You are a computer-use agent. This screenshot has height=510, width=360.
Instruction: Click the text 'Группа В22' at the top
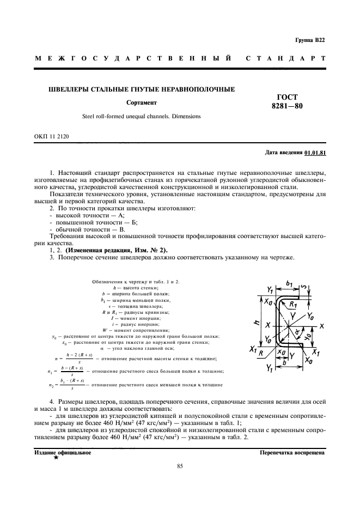(310, 40)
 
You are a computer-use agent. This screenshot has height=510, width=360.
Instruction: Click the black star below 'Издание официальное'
(56, 459)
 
